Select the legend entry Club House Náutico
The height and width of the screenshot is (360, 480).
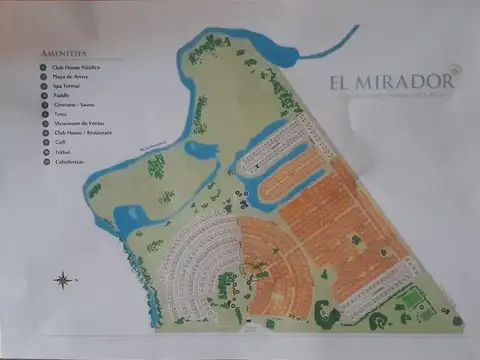(x=76, y=67)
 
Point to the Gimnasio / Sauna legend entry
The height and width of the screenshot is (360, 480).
(x=74, y=105)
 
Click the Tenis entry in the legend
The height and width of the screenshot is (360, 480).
(x=60, y=114)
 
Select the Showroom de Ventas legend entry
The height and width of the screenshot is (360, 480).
(x=78, y=124)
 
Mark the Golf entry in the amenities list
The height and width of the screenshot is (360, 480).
(x=59, y=143)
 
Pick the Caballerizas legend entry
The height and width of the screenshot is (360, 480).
(x=69, y=162)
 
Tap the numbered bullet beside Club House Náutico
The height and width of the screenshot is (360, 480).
(x=43, y=67)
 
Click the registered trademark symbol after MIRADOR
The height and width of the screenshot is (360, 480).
(x=455, y=71)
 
